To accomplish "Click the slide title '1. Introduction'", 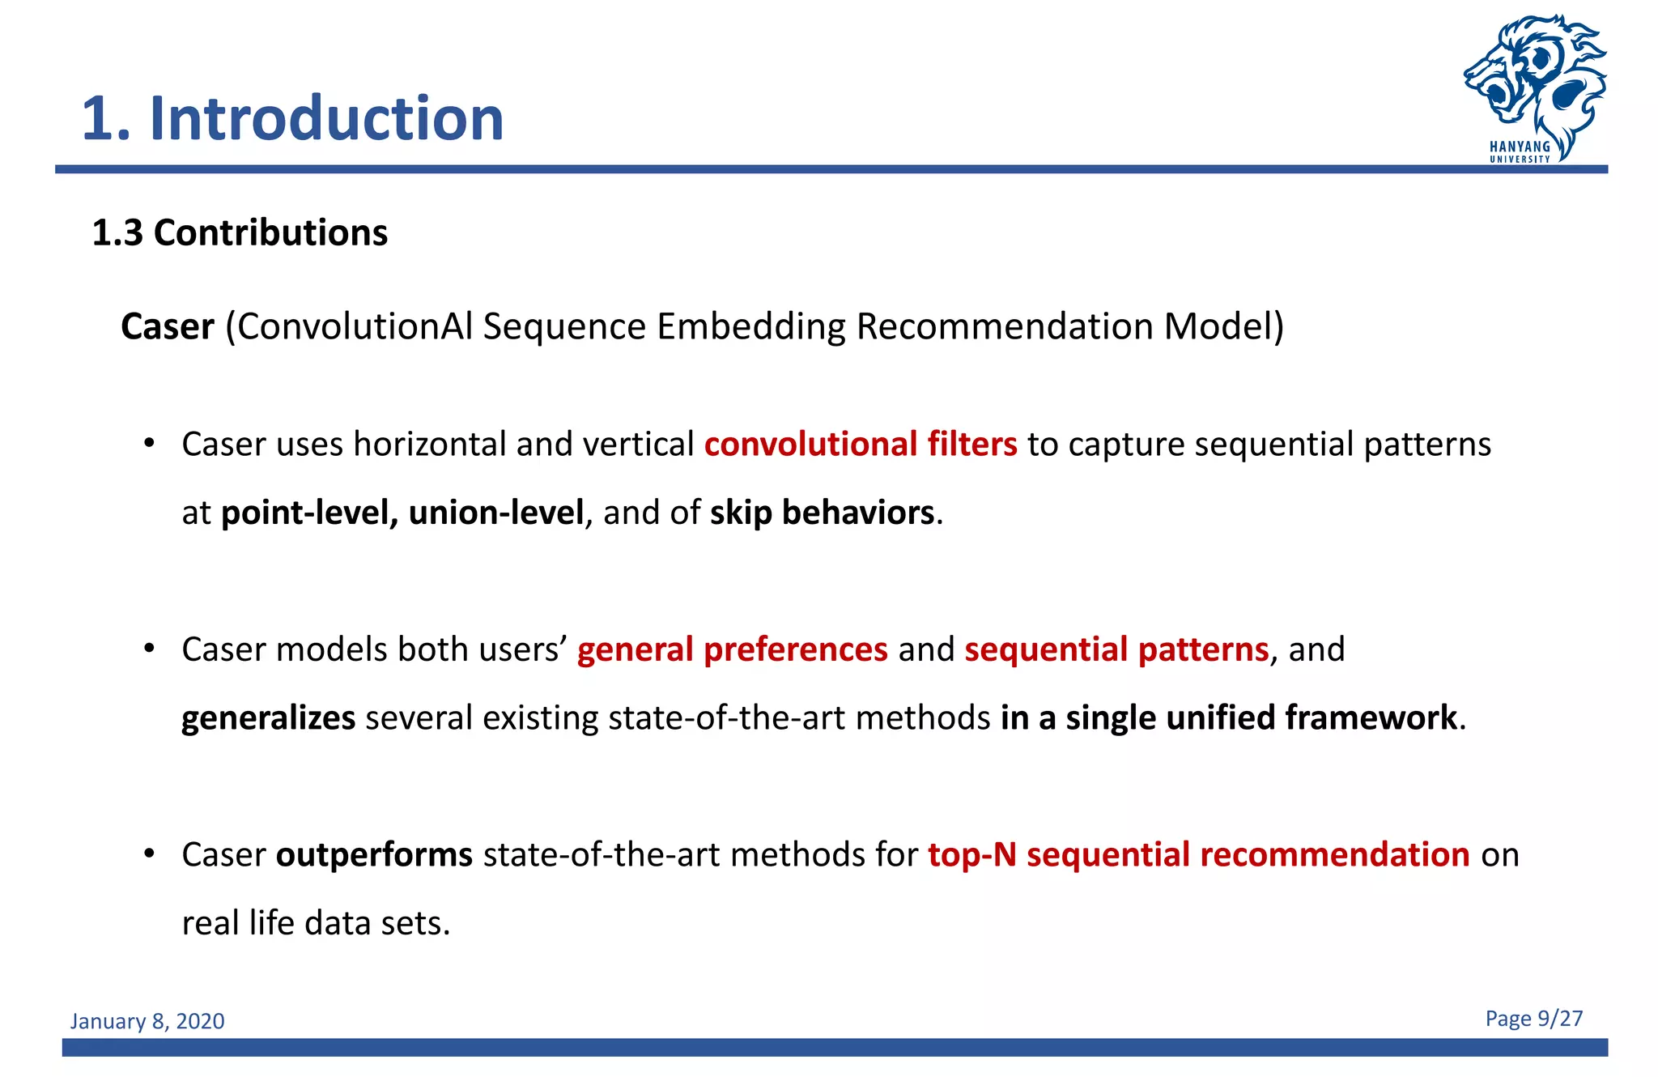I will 292,118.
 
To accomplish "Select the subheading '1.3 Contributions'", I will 240,233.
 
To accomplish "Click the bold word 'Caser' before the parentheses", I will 168,327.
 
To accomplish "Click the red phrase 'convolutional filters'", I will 861,445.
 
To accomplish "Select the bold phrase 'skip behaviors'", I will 822,513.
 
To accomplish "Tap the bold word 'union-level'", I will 496,513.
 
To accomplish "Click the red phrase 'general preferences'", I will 732,649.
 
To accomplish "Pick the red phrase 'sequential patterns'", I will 1116,649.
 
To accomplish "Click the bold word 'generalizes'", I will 268,718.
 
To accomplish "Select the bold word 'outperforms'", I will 374,855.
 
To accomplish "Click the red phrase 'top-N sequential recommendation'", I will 1198,855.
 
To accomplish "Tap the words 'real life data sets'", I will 314,924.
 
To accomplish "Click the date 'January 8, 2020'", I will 147,1021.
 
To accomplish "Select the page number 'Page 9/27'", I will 1533,1019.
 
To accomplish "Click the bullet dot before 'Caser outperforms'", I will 149,854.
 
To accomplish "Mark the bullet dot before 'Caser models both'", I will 149,648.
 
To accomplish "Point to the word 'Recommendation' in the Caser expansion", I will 1005,327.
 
